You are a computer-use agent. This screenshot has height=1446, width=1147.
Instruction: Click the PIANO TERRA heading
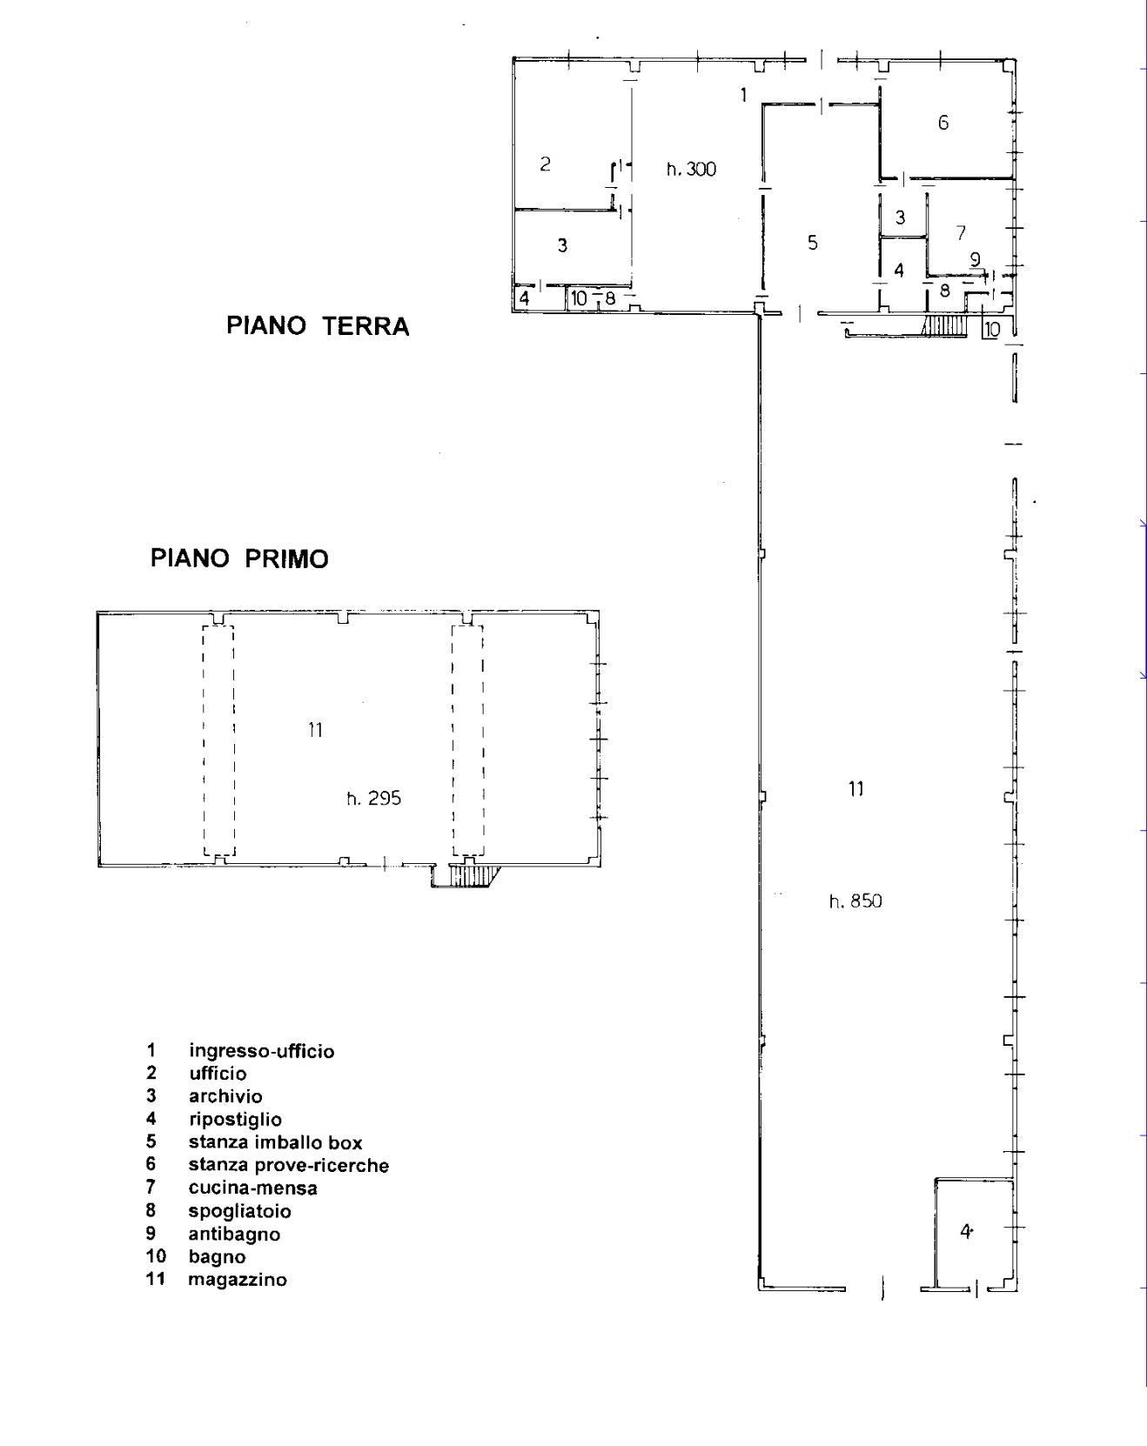click(318, 326)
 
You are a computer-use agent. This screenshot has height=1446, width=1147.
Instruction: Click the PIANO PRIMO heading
click(240, 559)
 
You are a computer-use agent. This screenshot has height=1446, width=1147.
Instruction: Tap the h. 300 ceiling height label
click(692, 170)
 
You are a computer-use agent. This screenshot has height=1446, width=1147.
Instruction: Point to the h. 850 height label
click(855, 901)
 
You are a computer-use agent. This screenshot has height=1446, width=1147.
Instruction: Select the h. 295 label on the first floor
click(374, 799)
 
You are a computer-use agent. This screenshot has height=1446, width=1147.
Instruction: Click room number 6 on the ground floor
click(943, 123)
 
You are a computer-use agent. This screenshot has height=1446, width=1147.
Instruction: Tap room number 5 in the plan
click(813, 243)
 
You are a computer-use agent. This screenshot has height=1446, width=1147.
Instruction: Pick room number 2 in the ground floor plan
click(546, 164)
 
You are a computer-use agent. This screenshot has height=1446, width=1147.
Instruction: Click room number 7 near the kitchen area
click(961, 233)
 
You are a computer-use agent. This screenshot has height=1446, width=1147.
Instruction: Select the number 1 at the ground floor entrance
click(743, 95)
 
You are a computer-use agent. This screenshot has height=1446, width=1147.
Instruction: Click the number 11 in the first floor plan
click(315, 730)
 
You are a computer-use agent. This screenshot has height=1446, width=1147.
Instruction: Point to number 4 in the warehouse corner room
click(965, 1231)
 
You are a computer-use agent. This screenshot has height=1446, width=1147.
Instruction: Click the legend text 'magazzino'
click(238, 1280)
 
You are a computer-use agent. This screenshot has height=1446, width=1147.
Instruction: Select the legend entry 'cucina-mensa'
click(253, 1188)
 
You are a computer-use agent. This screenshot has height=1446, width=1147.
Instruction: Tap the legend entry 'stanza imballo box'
click(275, 1142)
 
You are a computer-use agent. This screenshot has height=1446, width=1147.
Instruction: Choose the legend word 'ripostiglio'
click(235, 1120)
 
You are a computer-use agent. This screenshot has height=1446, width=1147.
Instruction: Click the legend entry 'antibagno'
click(234, 1234)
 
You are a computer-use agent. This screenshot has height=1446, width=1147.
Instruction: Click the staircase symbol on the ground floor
click(945, 326)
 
